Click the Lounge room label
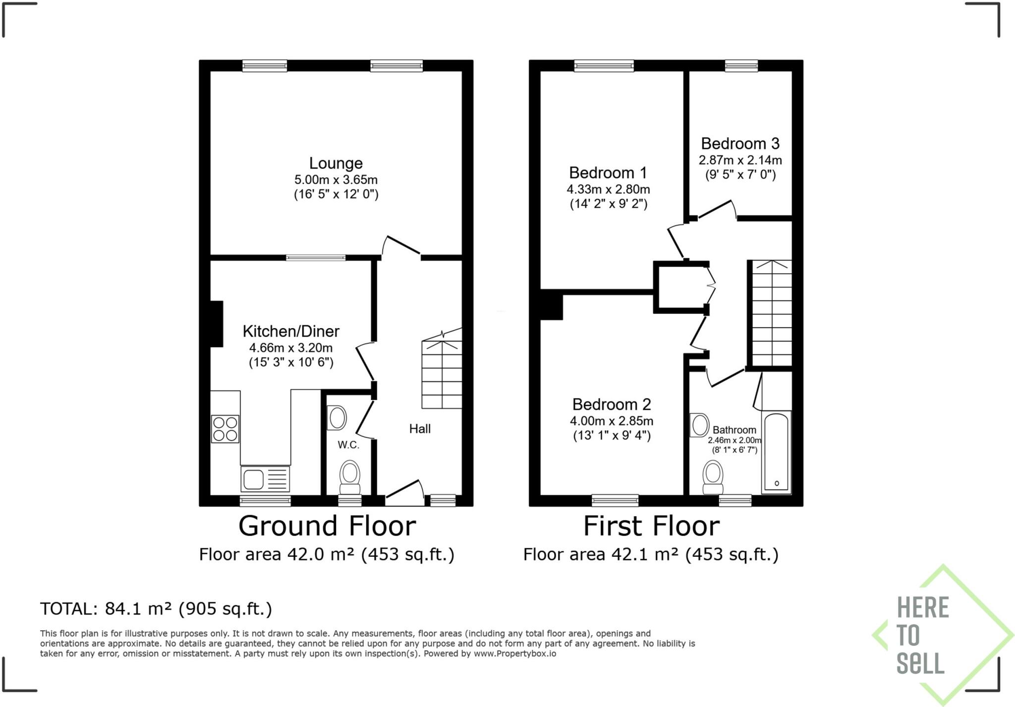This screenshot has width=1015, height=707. (x=336, y=163)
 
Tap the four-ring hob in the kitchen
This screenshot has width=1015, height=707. (x=225, y=429)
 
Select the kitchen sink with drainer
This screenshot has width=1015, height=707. (x=265, y=479)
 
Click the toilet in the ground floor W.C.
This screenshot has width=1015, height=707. (x=350, y=476)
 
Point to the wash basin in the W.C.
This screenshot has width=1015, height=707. (x=337, y=418)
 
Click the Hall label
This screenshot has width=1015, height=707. (x=420, y=429)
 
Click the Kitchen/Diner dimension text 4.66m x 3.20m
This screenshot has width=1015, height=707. (x=290, y=348)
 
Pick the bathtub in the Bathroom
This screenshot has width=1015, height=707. (x=776, y=452)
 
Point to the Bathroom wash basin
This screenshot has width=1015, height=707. (x=700, y=425)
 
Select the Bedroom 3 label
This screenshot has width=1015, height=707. (x=740, y=144)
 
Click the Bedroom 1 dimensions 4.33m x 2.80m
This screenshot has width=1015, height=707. (x=608, y=189)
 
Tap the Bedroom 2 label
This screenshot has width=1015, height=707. (x=611, y=405)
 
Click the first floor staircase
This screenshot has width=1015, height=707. (x=772, y=313)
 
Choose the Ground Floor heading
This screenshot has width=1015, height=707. (x=327, y=526)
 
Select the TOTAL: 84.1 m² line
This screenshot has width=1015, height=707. (x=156, y=609)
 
